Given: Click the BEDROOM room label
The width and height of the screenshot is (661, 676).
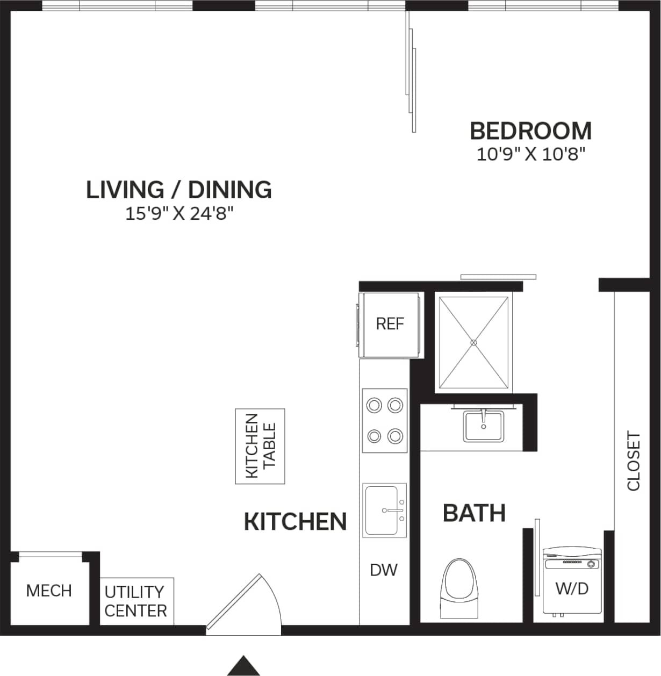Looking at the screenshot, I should pyautogui.click(x=530, y=131).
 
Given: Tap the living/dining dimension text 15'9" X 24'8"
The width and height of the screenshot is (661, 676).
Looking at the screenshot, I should pyautogui.click(x=179, y=214).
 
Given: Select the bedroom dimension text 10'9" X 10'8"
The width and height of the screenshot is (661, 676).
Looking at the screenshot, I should pyautogui.click(x=530, y=155).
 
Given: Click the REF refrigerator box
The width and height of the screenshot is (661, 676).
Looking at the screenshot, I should pyautogui.click(x=390, y=324).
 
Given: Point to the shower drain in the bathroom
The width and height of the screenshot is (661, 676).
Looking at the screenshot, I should pyautogui.click(x=473, y=342).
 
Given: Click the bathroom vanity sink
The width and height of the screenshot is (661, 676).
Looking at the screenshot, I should pyautogui.click(x=484, y=426).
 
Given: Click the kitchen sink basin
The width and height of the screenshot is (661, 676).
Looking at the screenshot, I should pyautogui.click(x=382, y=509).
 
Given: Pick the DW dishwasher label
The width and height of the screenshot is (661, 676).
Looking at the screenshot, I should pyautogui.click(x=384, y=570).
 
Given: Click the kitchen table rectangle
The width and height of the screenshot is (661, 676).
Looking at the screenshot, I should pyautogui.click(x=260, y=446).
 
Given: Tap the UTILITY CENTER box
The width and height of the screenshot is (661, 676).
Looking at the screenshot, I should pyautogui.click(x=136, y=601).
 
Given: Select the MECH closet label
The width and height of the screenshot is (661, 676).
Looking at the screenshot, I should pyautogui.click(x=49, y=591).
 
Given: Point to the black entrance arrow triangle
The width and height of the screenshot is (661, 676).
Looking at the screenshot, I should pyautogui.click(x=244, y=666).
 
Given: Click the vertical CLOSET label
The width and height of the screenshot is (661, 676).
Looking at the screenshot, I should pyautogui.click(x=634, y=461).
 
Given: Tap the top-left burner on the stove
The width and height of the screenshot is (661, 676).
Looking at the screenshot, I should pyautogui.click(x=372, y=405).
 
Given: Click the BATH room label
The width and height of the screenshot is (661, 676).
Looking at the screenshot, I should pyautogui.click(x=474, y=513).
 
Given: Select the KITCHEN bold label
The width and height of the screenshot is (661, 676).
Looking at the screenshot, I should pyautogui.click(x=295, y=522).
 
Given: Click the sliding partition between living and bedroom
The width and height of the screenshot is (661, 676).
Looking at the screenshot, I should pyautogui.click(x=411, y=73).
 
